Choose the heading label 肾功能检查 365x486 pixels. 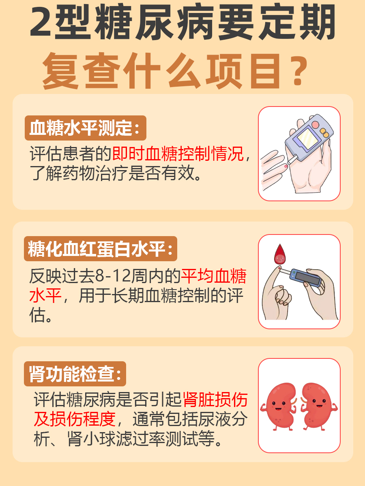[x=75, y=374]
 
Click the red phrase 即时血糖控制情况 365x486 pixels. [x=178, y=154]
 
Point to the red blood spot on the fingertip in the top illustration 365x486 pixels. [x=286, y=166]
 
